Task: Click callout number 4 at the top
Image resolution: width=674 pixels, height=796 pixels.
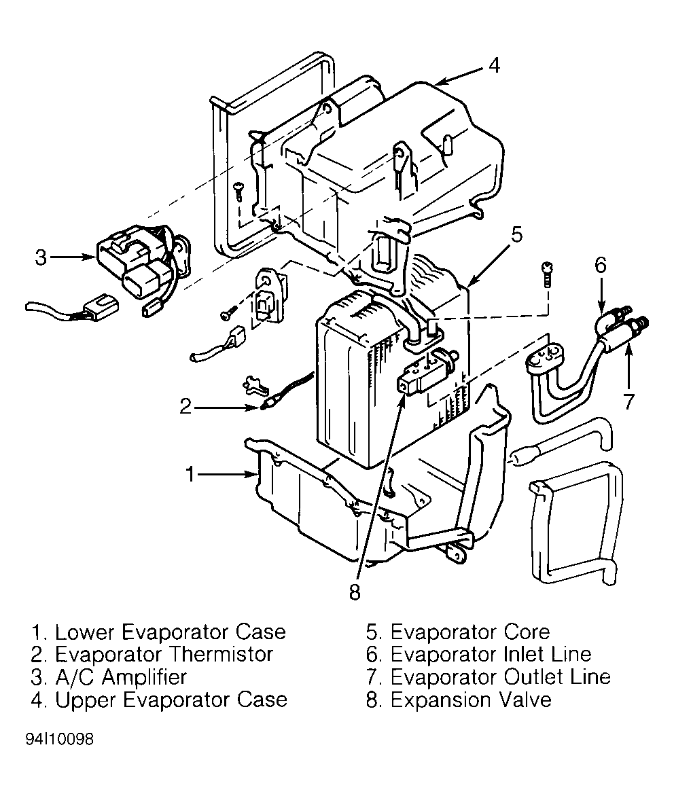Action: coord(494,66)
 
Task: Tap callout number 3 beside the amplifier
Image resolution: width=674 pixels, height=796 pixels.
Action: coord(41,258)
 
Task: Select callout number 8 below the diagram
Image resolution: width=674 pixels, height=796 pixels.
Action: coord(354,592)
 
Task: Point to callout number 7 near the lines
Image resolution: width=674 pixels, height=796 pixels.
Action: coord(629,401)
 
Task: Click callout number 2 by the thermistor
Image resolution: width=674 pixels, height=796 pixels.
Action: coord(186,407)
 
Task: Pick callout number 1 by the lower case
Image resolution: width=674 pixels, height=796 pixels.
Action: coord(192,473)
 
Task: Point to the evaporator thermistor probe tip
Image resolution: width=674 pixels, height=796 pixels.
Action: coord(266,408)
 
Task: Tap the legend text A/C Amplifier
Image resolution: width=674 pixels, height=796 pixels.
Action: coord(121,677)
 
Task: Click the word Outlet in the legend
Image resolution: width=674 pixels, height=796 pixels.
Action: coord(526,677)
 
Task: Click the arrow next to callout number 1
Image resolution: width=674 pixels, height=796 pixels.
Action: coord(228,474)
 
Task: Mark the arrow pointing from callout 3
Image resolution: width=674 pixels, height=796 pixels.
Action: coord(75,258)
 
